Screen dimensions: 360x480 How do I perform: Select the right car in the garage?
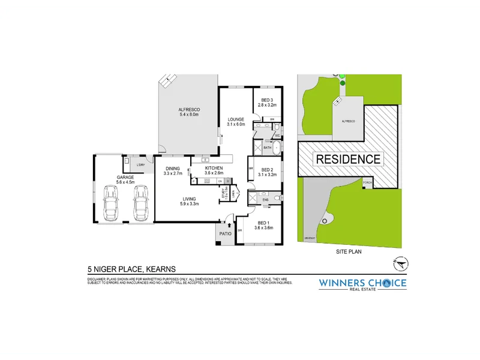[140, 201]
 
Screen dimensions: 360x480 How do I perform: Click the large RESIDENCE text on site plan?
[348, 159]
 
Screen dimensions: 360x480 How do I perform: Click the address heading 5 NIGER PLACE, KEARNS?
[131, 271]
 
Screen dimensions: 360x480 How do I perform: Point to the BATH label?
[268, 147]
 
